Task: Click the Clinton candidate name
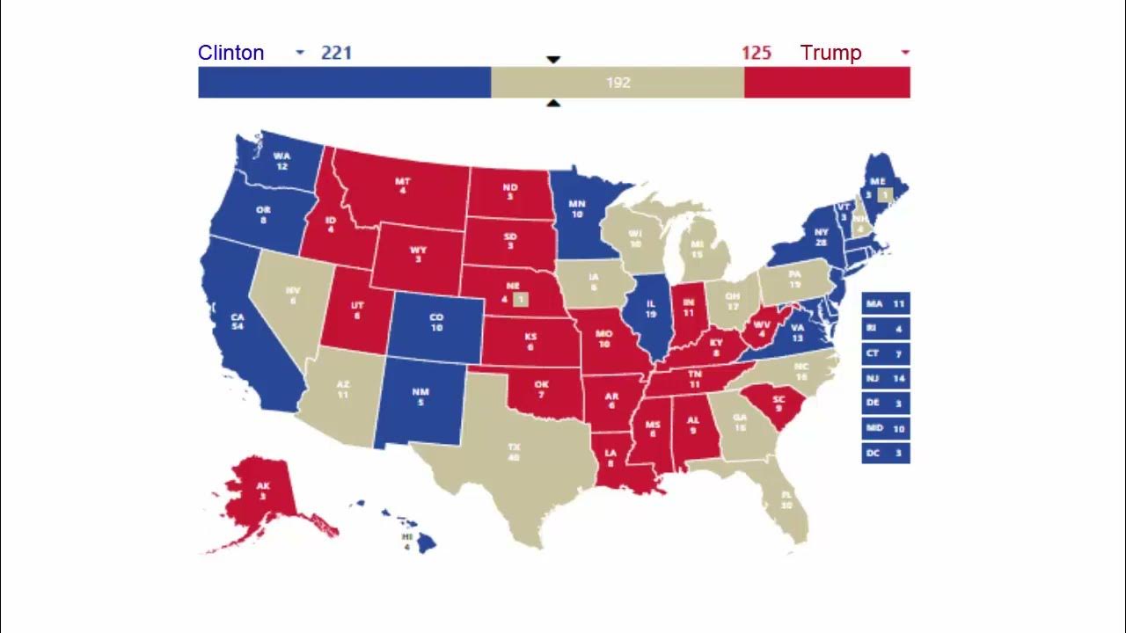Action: [x=230, y=53]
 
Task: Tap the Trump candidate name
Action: [x=830, y=53]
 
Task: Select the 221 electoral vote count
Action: [x=336, y=53]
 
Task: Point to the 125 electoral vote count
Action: [x=756, y=53]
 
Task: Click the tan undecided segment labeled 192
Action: [x=618, y=83]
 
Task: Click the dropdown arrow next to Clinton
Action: [x=300, y=53]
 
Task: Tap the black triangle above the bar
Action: [x=553, y=60]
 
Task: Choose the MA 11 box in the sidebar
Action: [x=885, y=304]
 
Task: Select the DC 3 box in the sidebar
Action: [x=885, y=453]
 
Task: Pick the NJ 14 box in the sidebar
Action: [x=885, y=379]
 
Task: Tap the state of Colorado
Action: [x=436, y=322]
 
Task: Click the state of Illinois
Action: [x=650, y=312]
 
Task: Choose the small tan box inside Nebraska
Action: [x=520, y=300]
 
